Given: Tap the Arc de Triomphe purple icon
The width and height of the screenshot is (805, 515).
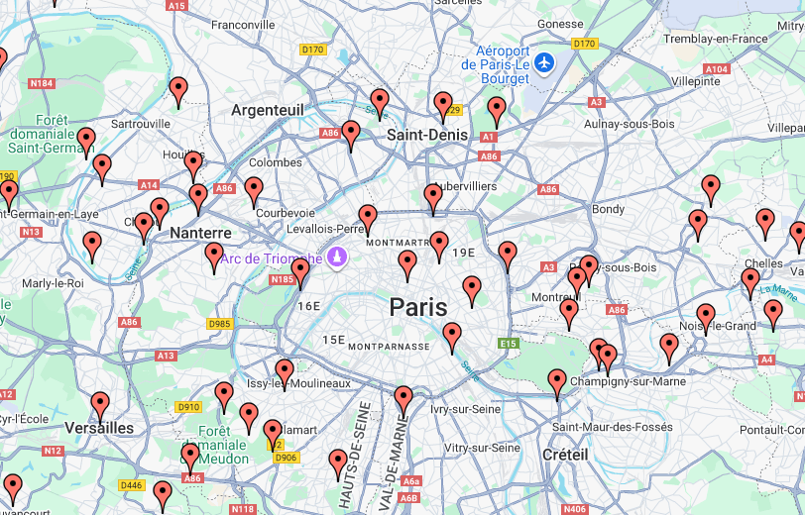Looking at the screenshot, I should click(x=338, y=257).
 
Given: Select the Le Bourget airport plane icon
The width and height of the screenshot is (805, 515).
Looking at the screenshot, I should click(x=543, y=62).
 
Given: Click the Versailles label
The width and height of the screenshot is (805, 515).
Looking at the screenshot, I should click(x=98, y=429).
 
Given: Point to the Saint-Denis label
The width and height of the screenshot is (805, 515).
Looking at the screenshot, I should click(x=428, y=135).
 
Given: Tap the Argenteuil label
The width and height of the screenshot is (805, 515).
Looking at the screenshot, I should click(x=268, y=110).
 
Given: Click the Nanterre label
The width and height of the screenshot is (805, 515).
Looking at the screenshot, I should click(x=200, y=233).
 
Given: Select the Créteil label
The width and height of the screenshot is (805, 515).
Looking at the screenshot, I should click(x=565, y=454).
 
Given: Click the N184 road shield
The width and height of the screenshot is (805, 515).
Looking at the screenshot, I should click(x=42, y=83).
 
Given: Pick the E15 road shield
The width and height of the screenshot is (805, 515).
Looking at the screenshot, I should click(x=510, y=344).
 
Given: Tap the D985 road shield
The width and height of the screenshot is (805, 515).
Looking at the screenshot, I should click(x=219, y=324).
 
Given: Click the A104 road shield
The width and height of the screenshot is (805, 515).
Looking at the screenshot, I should click(x=717, y=69).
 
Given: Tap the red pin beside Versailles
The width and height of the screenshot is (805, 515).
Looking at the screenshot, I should click(x=100, y=405).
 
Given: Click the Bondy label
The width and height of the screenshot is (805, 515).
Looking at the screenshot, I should click(x=608, y=209).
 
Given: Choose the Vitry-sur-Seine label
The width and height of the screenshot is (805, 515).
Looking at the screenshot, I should click(x=483, y=448).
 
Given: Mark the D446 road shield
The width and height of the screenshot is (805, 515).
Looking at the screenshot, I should click(x=131, y=485).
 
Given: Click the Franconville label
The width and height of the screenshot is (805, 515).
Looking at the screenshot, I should click(x=243, y=25).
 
